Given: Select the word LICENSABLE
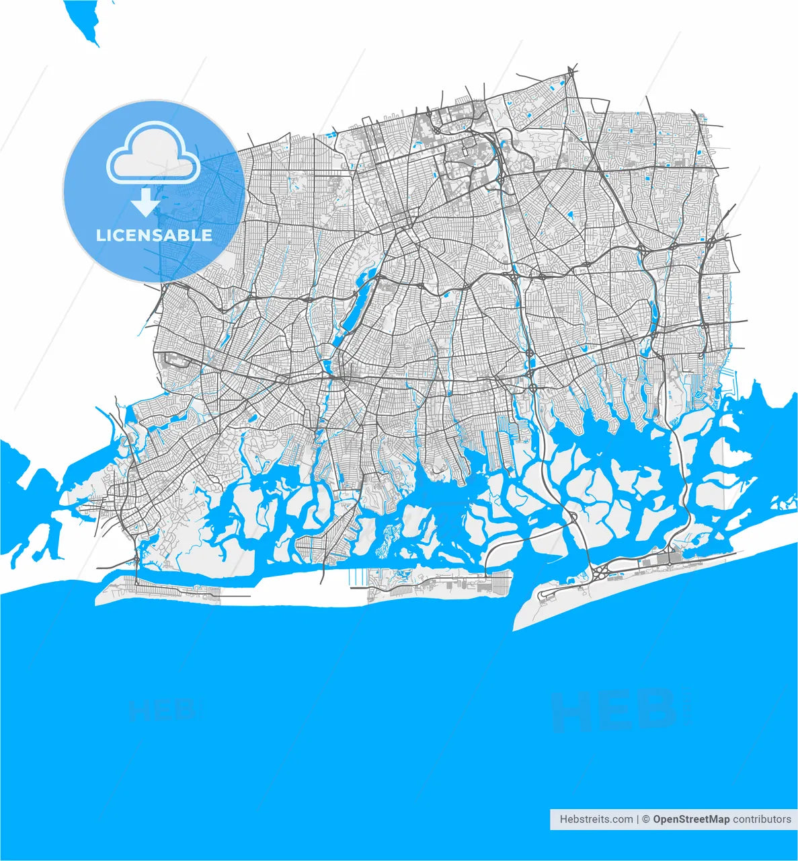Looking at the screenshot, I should [154, 235].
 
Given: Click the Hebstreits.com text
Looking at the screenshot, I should [596, 819].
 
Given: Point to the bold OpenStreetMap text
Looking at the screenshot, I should [691, 819].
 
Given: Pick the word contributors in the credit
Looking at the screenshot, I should [762, 819].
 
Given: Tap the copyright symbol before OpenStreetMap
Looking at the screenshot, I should [645, 819].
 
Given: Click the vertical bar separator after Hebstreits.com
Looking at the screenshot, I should [637, 819].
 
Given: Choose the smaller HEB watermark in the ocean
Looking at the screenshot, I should [162, 709].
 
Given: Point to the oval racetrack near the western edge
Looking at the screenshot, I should [177, 361].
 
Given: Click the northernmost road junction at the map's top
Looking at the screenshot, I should [570, 69].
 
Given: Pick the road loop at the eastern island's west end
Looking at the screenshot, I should [548, 594].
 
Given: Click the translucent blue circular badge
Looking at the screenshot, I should [154, 192].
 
